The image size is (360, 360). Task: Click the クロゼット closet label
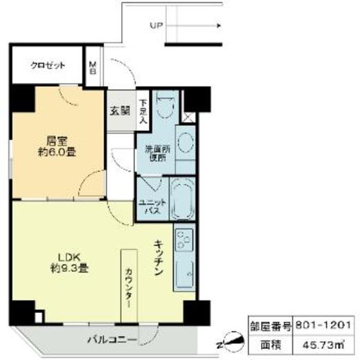[x=48, y=66]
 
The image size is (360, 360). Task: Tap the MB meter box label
[x=93, y=68]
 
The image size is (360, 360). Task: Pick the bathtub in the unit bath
[x=183, y=199]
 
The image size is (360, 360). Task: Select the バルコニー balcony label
[x=111, y=339]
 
